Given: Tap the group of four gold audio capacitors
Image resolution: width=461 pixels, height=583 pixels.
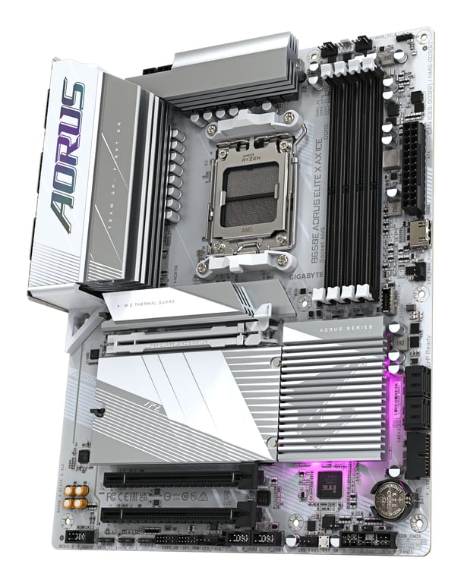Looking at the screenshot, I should (x=74, y=496).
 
